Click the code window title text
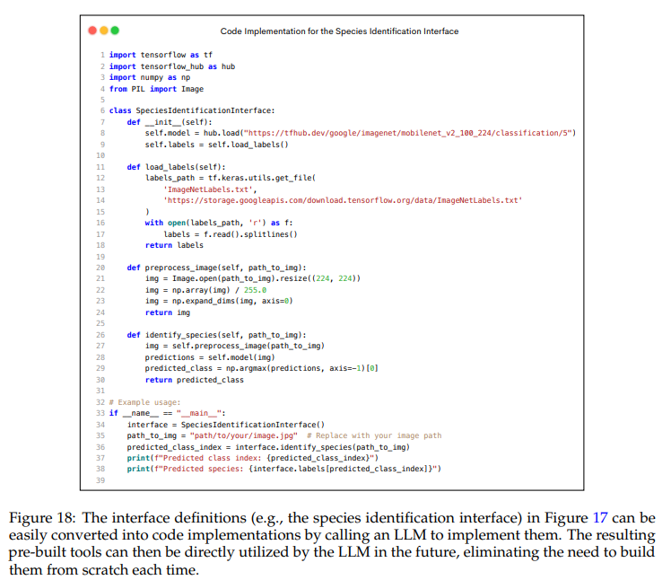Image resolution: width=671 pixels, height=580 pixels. (x=339, y=31)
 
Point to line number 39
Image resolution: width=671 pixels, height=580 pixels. (x=101, y=479)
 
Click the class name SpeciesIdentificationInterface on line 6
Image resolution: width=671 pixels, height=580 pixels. (x=204, y=110)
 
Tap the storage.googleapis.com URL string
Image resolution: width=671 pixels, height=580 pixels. (x=343, y=200)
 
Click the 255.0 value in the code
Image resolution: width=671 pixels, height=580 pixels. (x=255, y=290)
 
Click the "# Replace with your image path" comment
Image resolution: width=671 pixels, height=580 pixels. (x=380, y=435)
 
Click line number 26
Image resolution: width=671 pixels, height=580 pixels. (x=101, y=335)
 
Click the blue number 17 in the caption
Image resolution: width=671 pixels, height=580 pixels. (x=601, y=518)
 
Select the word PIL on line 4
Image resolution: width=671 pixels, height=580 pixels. (x=140, y=89)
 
